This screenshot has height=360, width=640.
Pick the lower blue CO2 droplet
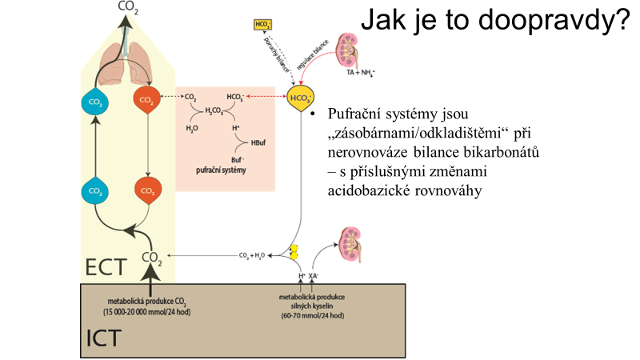94,191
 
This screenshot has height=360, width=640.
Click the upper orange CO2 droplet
146,101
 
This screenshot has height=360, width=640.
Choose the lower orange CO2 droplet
146,191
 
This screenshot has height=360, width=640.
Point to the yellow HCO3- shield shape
301,99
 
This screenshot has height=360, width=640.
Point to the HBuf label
258,144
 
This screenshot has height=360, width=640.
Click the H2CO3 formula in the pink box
214,111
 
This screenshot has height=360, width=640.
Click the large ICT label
103,338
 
